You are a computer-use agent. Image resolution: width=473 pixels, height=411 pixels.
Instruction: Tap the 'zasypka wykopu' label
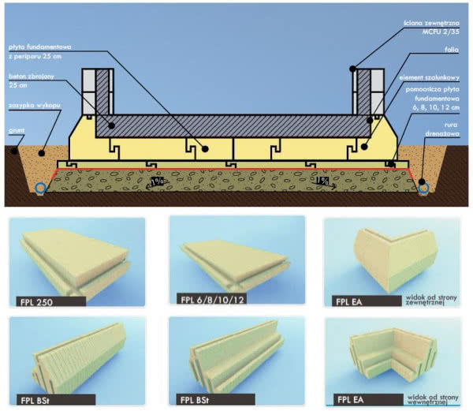tap(29, 104)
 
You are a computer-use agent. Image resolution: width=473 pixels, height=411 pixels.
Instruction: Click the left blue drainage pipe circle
tap(39, 188)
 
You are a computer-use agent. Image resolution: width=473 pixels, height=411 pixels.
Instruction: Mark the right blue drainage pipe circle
tap(423, 188)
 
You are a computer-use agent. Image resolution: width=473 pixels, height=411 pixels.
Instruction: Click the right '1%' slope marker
tap(322, 181)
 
